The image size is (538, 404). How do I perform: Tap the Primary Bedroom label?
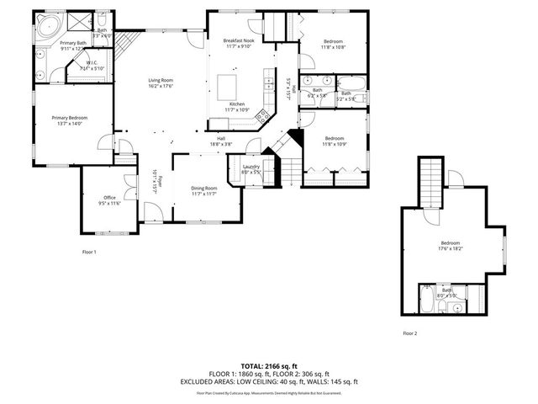click(x=70, y=118)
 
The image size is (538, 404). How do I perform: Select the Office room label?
click(x=110, y=198)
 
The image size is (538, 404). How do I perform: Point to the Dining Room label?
click(x=204, y=188)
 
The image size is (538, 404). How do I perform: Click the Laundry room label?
click(x=251, y=166)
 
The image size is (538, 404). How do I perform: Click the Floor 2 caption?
click(x=409, y=333)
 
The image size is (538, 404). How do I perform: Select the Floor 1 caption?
click(x=89, y=252)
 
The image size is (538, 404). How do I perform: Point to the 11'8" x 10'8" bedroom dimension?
click(x=335, y=47)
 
